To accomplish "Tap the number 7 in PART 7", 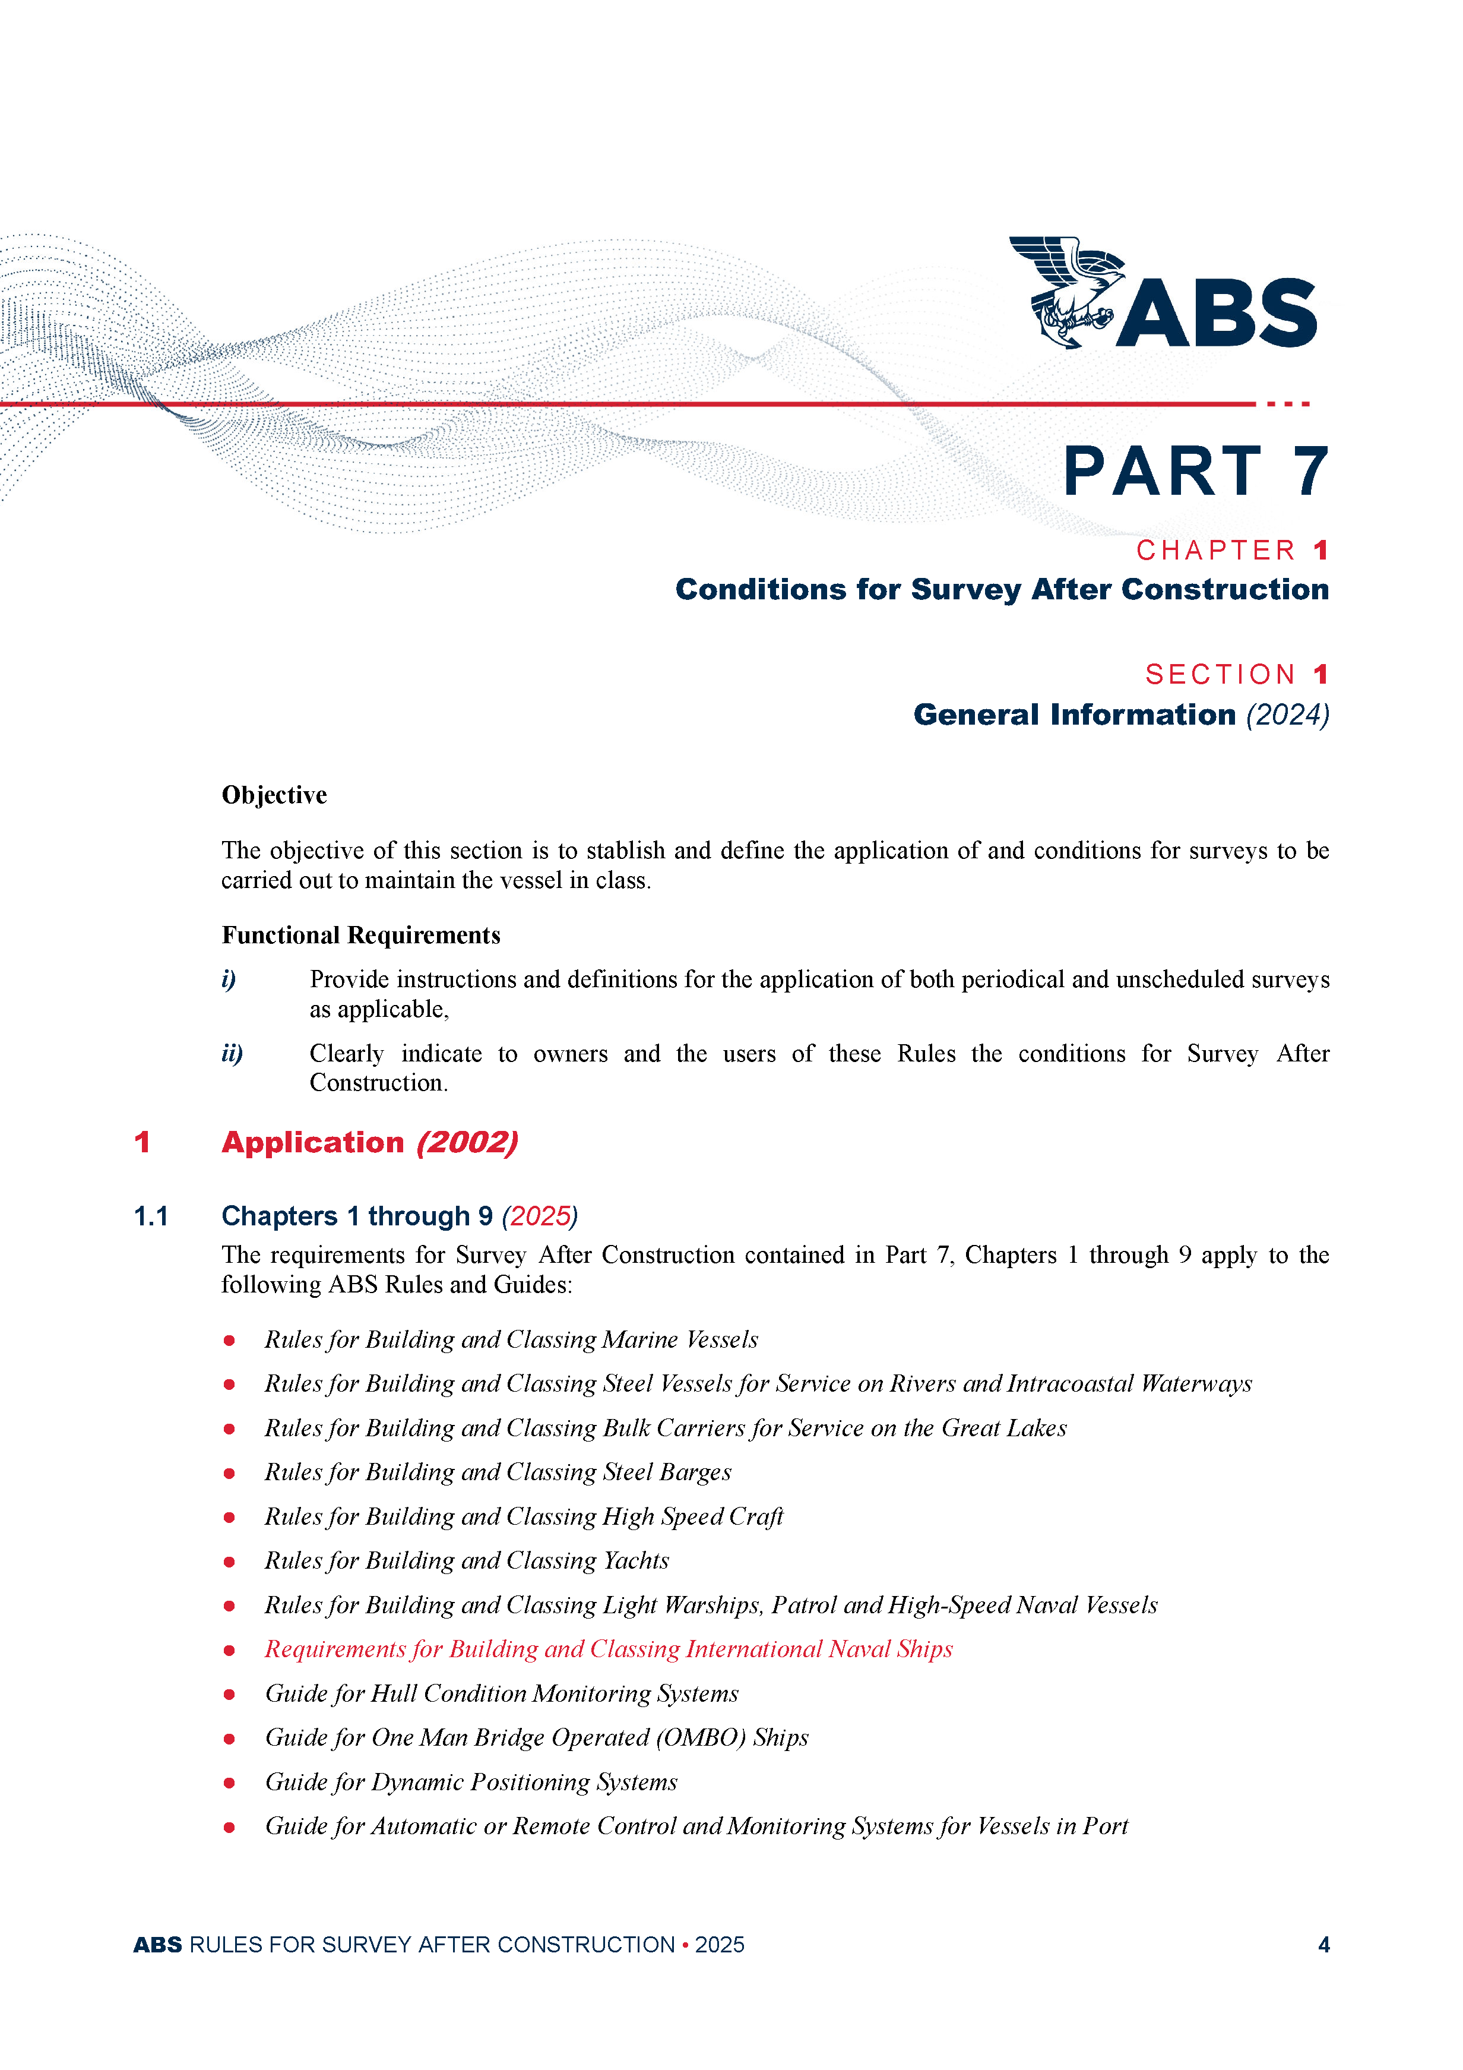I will (1310, 472).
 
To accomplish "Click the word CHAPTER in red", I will (1215, 550).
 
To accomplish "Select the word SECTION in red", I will (1221, 674).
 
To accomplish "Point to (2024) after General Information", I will (1287, 715).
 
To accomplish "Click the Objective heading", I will (274, 795).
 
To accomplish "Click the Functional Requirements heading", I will (360, 935).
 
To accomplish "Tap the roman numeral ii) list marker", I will (232, 1053).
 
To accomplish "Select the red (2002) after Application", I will (467, 1142).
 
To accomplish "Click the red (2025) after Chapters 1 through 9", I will (540, 1216).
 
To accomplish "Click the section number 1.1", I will (151, 1216).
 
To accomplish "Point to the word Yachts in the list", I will (636, 1560).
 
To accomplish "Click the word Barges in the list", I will (695, 1472).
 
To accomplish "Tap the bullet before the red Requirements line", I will (229, 1650).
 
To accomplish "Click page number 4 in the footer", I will (1323, 1945).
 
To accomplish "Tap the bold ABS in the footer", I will (158, 1945).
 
